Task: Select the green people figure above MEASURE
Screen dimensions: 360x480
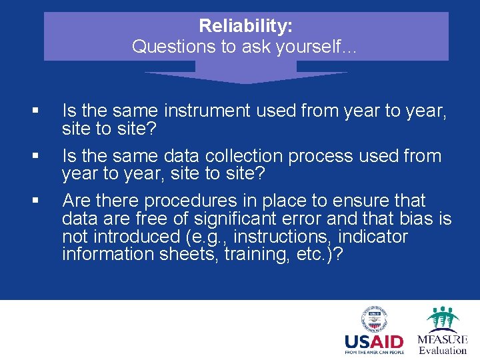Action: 443,319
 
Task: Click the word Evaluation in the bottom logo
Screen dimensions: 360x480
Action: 443,350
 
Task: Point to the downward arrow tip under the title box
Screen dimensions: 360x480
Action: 246,81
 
